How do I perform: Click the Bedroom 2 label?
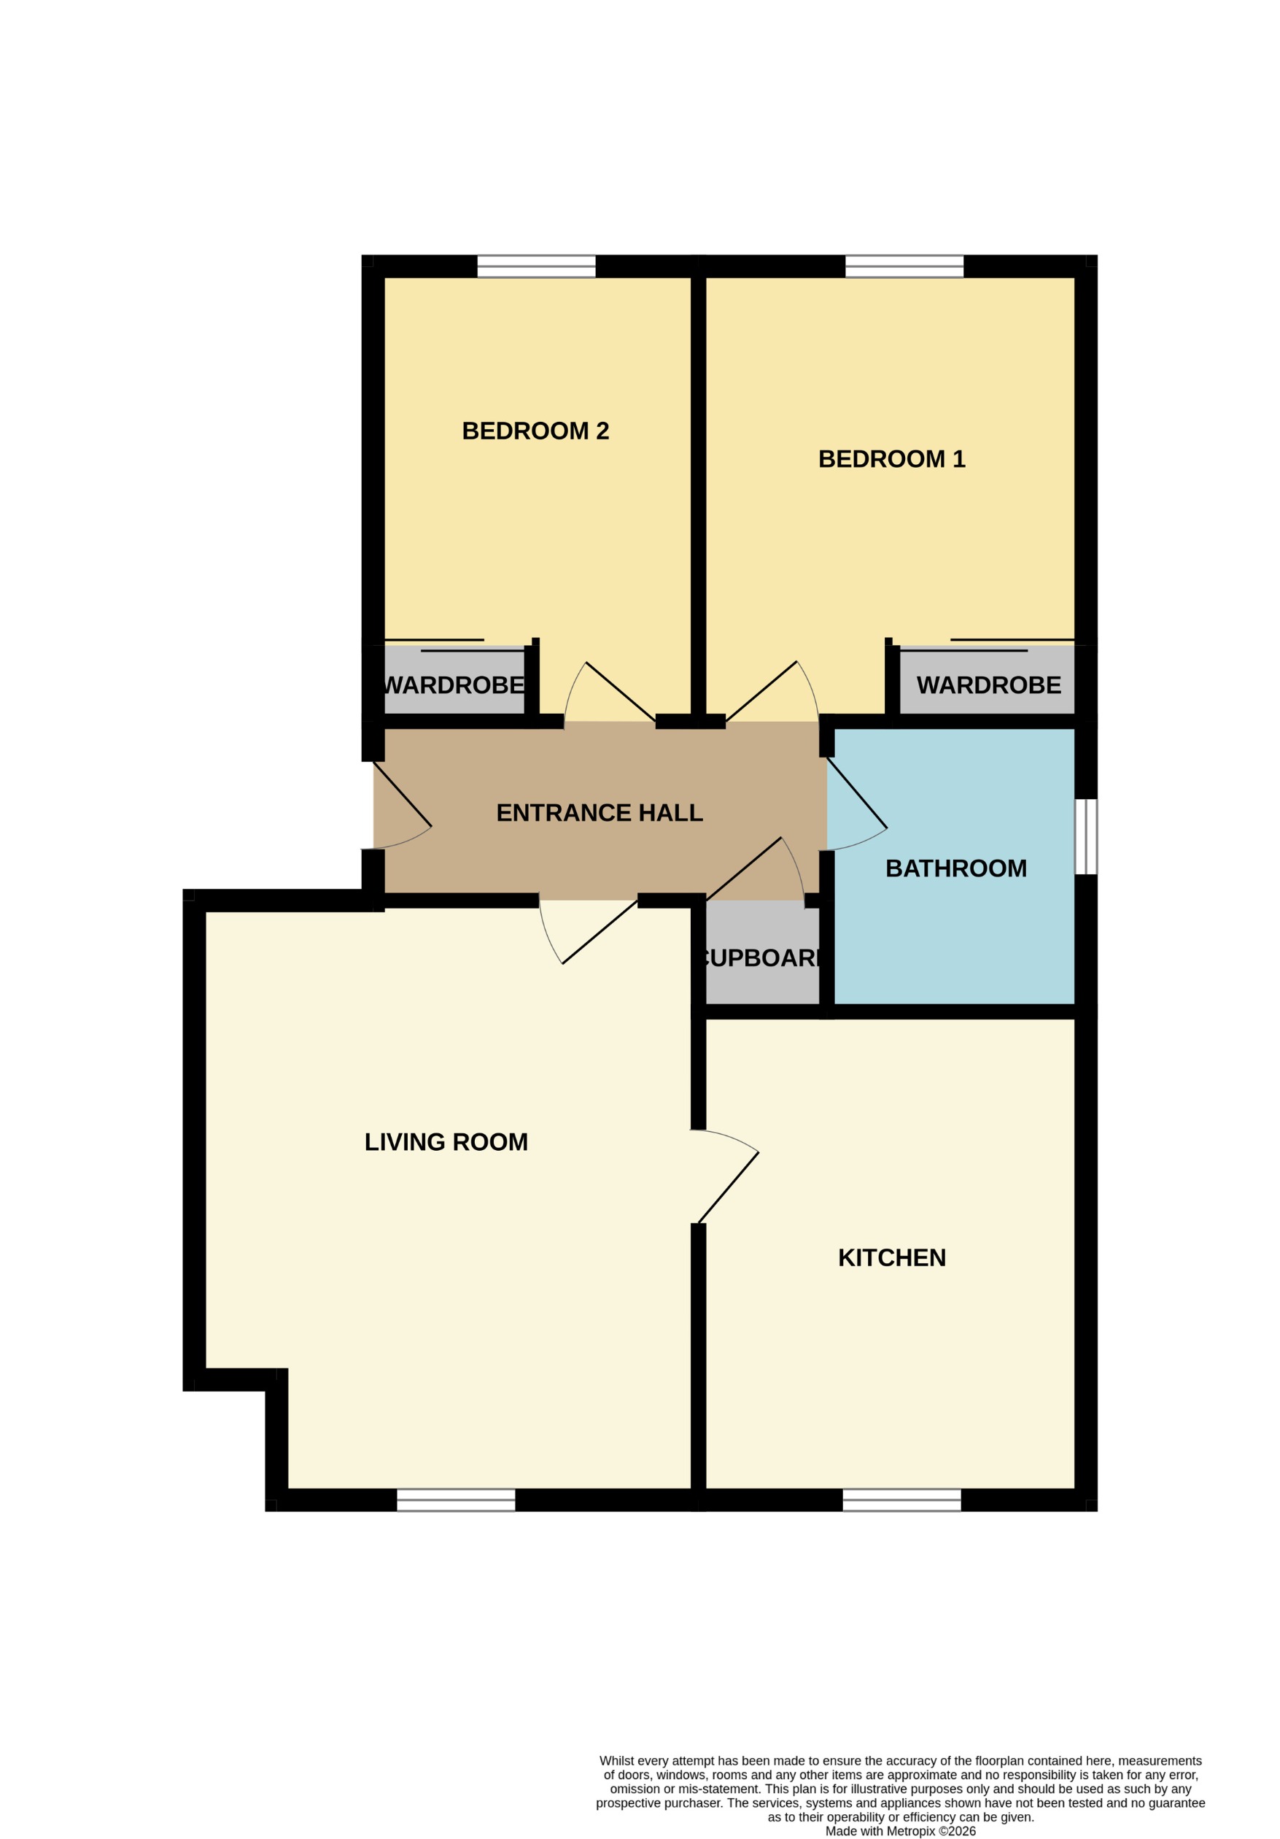[535, 431]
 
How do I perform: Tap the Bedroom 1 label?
[891, 459]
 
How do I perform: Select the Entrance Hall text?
[599, 813]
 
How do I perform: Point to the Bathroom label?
[955, 868]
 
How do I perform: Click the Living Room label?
[446, 1142]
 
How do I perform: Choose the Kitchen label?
[892, 1257]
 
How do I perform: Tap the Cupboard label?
[761, 958]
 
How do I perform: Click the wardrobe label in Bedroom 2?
[454, 686]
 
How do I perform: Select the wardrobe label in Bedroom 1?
[988, 686]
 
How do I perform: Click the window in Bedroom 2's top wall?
[536, 266]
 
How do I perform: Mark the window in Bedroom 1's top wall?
[904, 266]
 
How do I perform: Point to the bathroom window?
[1085, 836]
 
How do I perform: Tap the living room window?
[457, 1500]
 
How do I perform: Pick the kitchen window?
[901, 1500]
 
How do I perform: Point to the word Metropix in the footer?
[911, 1830]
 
